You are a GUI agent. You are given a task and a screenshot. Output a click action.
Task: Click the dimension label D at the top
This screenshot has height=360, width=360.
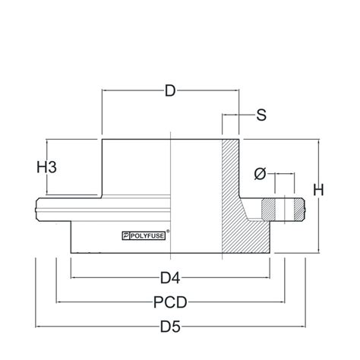pyautogui.click(x=171, y=92)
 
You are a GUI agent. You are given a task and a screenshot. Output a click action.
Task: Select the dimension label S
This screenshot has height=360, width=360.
pyautogui.click(x=261, y=115)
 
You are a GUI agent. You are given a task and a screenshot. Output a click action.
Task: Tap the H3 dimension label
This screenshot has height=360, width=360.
pyautogui.click(x=47, y=167)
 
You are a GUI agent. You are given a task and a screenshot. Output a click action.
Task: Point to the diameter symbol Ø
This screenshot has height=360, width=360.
pyautogui.click(x=260, y=174)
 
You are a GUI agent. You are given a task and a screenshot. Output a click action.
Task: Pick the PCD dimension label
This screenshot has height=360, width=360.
pyautogui.click(x=171, y=302)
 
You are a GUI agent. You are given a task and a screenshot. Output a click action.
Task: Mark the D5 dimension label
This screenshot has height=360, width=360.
pyautogui.click(x=171, y=328)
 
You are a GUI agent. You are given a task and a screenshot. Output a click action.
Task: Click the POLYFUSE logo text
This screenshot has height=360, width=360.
pyautogui.click(x=149, y=235)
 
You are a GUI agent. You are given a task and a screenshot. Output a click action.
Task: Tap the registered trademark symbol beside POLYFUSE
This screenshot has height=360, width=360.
pyautogui.click(x=168, y=231)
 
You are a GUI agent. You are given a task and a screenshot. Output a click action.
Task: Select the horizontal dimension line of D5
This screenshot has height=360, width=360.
pyautogui.click(x=91, y=328)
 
